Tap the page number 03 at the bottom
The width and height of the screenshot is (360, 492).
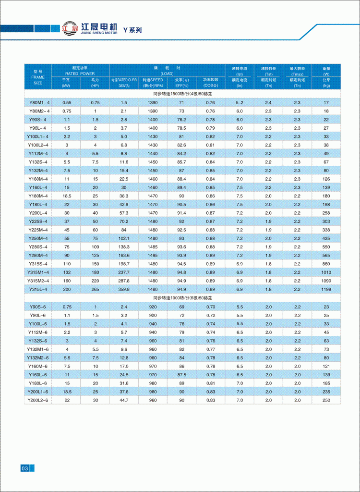coord(25,468)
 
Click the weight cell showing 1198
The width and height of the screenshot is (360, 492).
coord(326,289)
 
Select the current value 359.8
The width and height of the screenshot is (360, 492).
coord(124,289)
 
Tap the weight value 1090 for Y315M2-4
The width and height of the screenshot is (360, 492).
coord(326,281)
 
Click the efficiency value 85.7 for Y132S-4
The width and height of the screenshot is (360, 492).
coord(181,162)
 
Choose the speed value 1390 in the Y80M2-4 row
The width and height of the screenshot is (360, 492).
coord(153,111)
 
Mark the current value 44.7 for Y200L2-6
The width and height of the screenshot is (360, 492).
coord(124,400)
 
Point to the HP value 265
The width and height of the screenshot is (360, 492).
coord(95,289)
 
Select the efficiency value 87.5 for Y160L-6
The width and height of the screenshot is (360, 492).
coord(181,374)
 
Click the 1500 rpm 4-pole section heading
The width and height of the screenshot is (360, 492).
coord(182,94)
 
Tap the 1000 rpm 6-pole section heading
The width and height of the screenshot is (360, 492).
coord(182,298)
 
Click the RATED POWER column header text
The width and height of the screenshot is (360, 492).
coord(81,74)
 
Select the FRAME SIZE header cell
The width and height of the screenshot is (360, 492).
coord(38,76)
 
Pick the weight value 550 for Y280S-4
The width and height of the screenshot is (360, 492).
coord(326,246)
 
